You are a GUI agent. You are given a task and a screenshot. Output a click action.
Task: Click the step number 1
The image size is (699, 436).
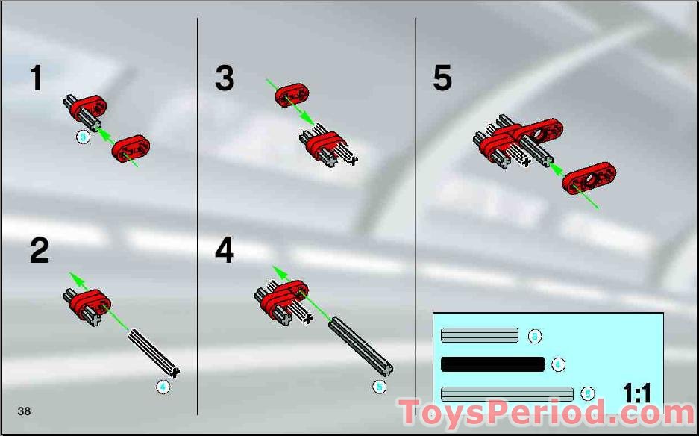click(x=36, y=78)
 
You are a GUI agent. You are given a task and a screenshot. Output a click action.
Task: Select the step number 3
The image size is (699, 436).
click(x=225, y=78)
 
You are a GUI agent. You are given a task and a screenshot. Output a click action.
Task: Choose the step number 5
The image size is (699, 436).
click(x=442, y=78)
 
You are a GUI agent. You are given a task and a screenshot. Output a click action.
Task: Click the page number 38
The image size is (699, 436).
click(x=25, y=411)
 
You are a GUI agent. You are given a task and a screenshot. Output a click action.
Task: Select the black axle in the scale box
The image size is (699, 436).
click(x=492, y=364)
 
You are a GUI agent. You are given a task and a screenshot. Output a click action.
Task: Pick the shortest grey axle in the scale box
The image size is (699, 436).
click(x=479, y=335)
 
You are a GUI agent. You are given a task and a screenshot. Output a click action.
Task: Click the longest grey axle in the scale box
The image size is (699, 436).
click(x=507, y=393)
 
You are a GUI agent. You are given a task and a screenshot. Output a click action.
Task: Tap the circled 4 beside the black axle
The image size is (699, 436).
click(x=558, y=365)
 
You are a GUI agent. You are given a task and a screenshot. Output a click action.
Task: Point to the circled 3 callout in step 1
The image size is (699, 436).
click(x=83, y=137)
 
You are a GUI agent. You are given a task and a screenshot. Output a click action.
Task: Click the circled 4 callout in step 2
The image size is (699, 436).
click(x=163, y=387)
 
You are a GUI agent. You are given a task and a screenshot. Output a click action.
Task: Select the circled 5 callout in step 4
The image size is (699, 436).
click(x=379, y=387)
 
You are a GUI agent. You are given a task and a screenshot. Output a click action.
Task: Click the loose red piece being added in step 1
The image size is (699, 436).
click(x=131, y=148)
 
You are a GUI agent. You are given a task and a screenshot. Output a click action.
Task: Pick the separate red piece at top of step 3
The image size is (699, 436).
click(x=291, y=95)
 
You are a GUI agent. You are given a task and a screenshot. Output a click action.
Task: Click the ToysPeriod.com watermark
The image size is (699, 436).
click(x=546, y=413)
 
